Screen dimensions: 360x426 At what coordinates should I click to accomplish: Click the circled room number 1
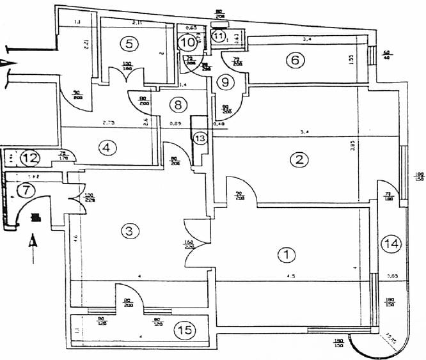pyautogui.click(x=287, y=254)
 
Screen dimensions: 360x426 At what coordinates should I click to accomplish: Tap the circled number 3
pyautogui.click(x=130, y=231)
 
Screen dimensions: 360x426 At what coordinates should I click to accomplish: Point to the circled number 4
pyautogui.click(x=107, y=147)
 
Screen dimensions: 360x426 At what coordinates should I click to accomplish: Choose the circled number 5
pyautogui.click(x=129, y=44)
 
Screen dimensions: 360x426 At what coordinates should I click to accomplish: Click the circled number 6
pyautogui.click(x=295, y=60)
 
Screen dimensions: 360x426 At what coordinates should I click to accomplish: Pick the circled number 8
pyautogui.click(x=178, y=104)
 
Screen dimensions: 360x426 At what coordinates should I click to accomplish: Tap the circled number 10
pyautogui.click(x=187, y=43)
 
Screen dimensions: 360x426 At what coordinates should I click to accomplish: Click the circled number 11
pyautogui.click(x=219, y=37)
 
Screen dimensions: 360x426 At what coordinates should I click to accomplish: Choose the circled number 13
pyautogui.click(x=200, y=138)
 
